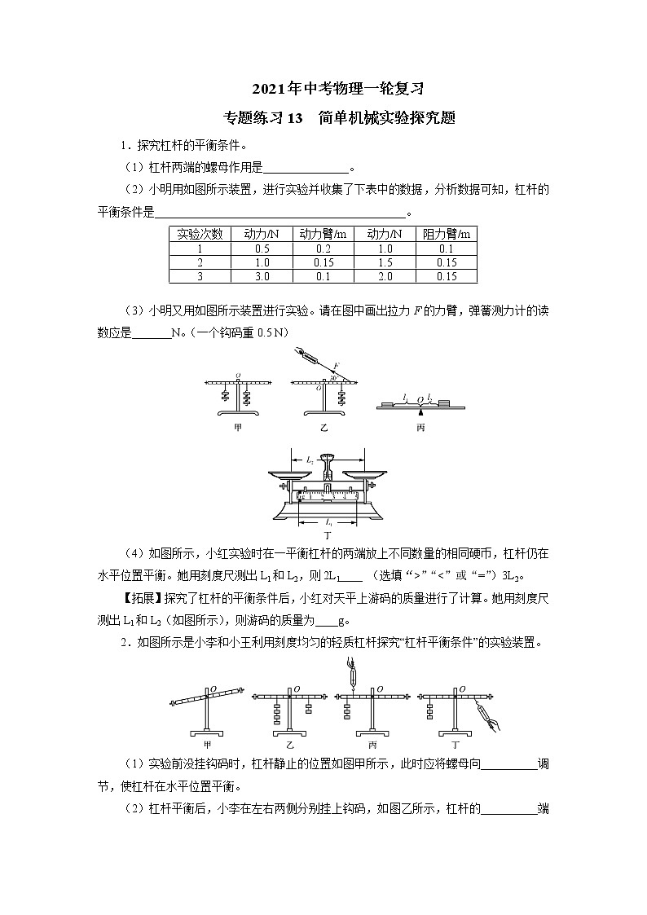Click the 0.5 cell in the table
[x=262, y=249]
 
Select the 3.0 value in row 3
[x=262, y=276]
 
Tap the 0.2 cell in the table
[x=323, y=249]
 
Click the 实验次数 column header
[x=200, y=235]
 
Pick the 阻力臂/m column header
[x=447, y=235]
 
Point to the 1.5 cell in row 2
[x=385, y=262]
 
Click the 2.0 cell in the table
[x=385, y=276]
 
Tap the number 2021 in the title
[x=267, y=88]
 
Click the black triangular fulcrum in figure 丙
[x=421, y=411]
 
